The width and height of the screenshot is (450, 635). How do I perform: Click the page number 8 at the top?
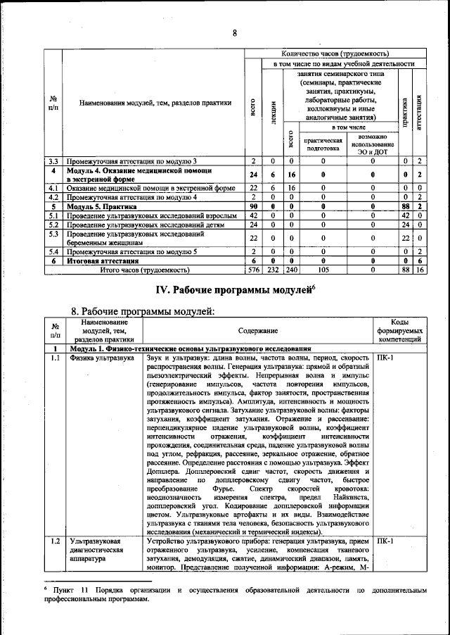[x=234, y=32]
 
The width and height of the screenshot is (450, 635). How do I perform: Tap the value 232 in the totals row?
[x=272, y=269]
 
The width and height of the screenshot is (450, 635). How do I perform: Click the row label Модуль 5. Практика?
[x=98, y=207]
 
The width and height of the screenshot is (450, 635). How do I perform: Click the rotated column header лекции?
[x=272, y=109]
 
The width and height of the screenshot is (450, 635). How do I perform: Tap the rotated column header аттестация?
[x=419, y=109]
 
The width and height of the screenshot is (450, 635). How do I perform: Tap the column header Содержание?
[x=257, y=329]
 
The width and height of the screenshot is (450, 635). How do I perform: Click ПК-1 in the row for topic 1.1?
[x=385, y=358]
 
